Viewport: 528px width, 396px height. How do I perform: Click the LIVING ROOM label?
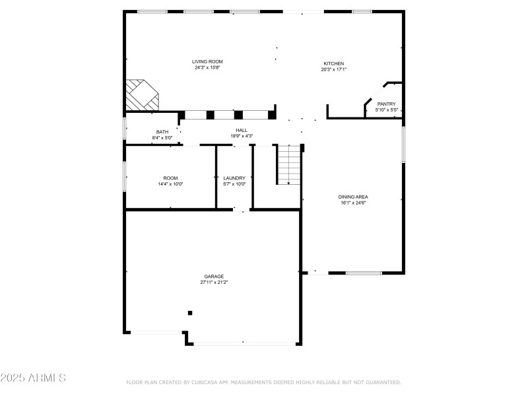point(207,61)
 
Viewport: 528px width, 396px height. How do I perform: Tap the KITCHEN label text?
point(333,63)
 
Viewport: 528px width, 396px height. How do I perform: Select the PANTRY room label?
point(386,104)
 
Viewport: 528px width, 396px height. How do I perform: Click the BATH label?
point(162,132)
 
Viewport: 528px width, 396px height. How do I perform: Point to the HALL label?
point(242,130)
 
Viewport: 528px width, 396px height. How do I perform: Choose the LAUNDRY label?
point(234,178)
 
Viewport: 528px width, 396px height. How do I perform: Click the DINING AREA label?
point(353,197)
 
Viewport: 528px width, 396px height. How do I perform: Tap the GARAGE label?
point(214,277)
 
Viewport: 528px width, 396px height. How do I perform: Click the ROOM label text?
point(171,178)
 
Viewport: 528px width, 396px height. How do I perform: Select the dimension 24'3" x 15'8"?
point(207,67)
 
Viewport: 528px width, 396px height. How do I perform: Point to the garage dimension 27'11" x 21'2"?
point(214,282)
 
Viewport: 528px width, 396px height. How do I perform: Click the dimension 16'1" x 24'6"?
point(353,203)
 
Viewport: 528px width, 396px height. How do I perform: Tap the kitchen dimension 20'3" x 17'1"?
point(333,69)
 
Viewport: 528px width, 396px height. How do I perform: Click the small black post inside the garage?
point(190,313)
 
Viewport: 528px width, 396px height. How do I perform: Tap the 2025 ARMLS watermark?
point(33,378)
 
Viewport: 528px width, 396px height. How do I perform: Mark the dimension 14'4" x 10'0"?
point(171,184)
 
